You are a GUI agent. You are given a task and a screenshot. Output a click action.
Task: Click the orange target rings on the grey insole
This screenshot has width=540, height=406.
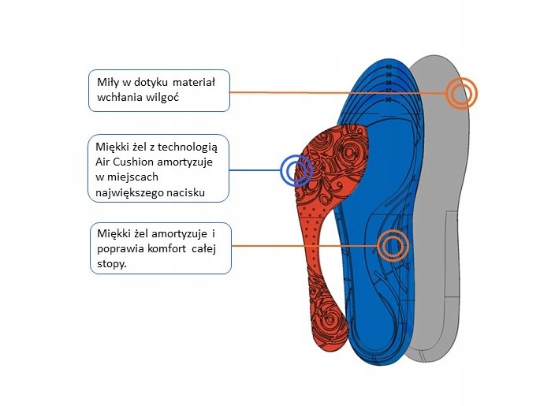point(461,94)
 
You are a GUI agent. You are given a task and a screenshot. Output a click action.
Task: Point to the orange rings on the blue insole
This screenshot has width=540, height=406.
point(392,246)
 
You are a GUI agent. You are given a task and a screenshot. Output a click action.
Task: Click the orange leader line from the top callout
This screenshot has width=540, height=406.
point(339,93)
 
